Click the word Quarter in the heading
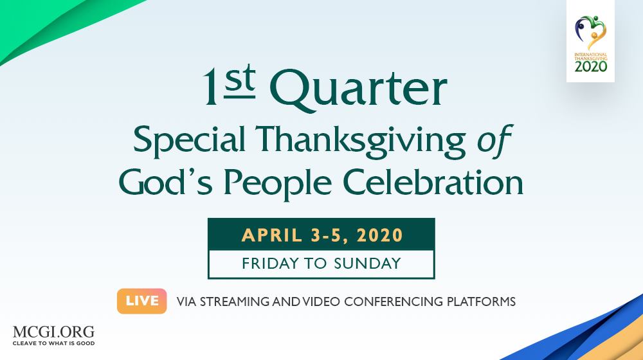(358, 90)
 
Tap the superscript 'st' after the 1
(240, 81)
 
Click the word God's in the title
(166, 182)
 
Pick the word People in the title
(278, 183)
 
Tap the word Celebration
(433, 182)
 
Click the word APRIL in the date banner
(272, 235)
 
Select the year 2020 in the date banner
(380, 235)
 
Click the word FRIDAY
(271, 263)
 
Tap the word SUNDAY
(367, 263)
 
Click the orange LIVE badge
(142, 301)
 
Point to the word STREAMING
(235, 301)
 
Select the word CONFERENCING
(394, 301)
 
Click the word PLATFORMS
(481, 301)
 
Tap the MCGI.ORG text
(54, 332)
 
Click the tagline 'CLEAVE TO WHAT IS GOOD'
(54, 343)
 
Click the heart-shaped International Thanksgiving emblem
(590, 32)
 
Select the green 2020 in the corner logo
(590, 66)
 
